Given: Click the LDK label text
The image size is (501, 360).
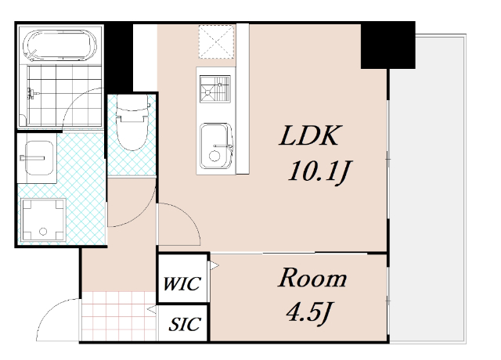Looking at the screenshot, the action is [308, 135].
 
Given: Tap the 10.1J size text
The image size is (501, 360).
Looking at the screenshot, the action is [320, 171].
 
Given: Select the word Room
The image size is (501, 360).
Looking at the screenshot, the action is [312, 278].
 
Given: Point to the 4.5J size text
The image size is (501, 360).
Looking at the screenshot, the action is [308, 311].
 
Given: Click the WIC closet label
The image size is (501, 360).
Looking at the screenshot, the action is [182, 283].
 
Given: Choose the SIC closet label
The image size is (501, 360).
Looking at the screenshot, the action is [185, 324].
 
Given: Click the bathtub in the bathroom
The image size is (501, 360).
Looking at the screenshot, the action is [59, 45].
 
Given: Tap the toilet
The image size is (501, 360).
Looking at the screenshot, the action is [132, 123].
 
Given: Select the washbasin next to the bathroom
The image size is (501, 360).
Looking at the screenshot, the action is [39, 158].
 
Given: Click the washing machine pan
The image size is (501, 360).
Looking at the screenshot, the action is [44, 220].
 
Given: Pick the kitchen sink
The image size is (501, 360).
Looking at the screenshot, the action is [216, 146].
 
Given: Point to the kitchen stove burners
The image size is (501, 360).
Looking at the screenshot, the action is [215, 88].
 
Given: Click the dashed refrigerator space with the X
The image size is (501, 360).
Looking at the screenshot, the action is [216, 41].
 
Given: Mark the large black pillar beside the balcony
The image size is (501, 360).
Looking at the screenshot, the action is [388, 45].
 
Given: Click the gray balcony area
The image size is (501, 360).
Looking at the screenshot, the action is [428, 189].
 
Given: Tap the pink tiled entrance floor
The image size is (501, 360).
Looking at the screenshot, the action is [119, 316].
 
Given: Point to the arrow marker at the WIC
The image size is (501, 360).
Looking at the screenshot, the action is [214, 265].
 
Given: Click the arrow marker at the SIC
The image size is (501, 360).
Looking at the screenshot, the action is [152, 309].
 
